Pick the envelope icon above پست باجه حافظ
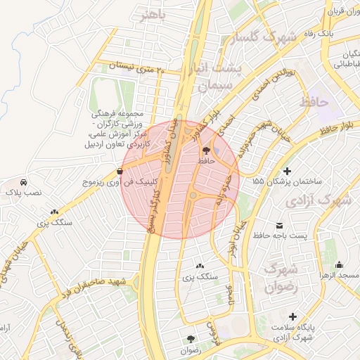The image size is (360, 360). [280, 226]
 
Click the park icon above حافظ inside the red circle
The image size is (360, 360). [205, 150]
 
